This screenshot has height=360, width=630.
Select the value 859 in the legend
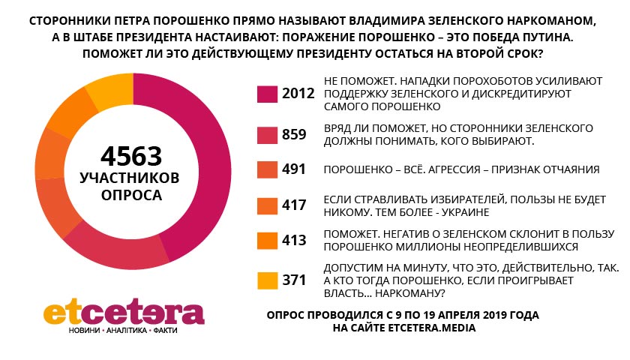(295, 134)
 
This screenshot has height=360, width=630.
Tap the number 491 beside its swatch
(295, 169)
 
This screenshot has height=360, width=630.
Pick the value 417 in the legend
(295, 205)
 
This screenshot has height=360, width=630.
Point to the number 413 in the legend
(295, 241)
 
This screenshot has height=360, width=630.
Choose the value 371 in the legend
(295, 280)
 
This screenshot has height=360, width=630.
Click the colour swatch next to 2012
(268, 94)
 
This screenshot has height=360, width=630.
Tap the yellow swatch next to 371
(268, 280)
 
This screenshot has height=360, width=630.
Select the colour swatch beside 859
(268, 134)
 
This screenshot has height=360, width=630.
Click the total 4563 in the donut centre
(131, 156)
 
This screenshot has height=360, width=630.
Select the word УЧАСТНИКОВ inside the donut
(131, 178)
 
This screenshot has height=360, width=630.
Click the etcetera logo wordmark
(124, 312)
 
